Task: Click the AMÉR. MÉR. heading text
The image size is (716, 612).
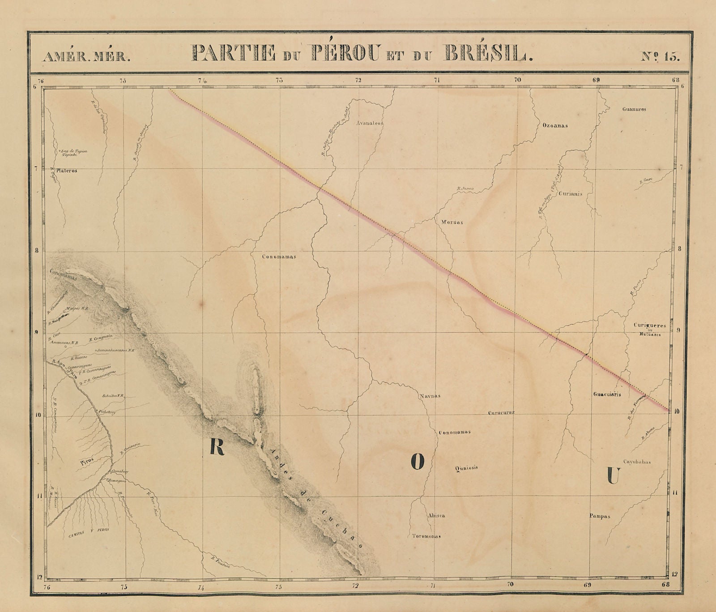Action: pyautogui.click(x=86, y=56)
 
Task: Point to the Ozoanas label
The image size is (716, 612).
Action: pyautogui.click(x=555, y=126)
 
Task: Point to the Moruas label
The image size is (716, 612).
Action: pyautogui.click(x=453, y=222)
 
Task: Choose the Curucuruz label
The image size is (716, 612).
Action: pyautogui.click(x=501, y=412)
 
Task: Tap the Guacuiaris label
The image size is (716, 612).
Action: pyautogui.click(x=607, y=395)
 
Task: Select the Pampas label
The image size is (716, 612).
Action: pyautogui.click(x=600, y=516)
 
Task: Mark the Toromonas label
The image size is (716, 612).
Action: pyautogui.click(x=426, y=536)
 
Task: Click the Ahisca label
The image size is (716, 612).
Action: pyautogui.click(x=436, y=516)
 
